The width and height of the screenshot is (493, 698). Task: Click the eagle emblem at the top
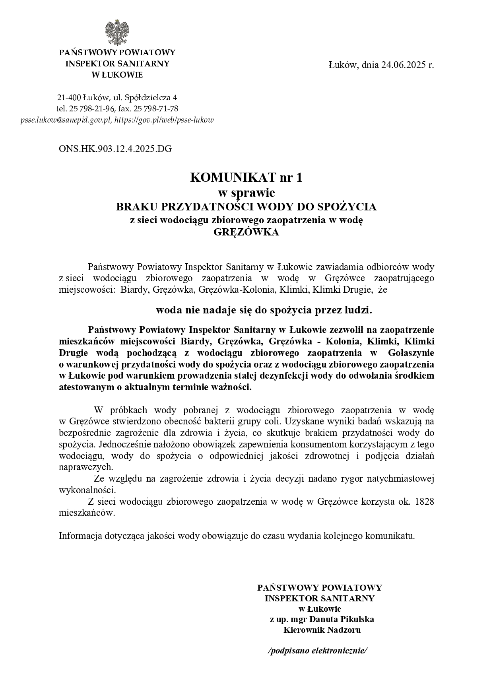click(x=117, y=33)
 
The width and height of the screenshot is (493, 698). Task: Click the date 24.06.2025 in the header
click(x=403, y=65)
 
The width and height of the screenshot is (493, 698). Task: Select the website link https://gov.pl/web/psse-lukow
click(x=164, y=120)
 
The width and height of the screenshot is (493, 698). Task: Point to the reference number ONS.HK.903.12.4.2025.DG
click(x=115, y=149)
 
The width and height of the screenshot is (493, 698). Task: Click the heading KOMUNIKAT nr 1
click(x=246, y=177)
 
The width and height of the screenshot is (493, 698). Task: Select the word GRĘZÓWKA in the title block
click(x=246, y=232)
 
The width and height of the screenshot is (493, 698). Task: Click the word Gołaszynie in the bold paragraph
click(x=411, y=353)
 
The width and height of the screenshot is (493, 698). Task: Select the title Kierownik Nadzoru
click(x=322, y=630)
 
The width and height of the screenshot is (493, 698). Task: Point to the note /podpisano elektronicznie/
click(x=318, y=651)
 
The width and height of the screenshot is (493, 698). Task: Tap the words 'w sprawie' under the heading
click(x=246, y=193)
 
